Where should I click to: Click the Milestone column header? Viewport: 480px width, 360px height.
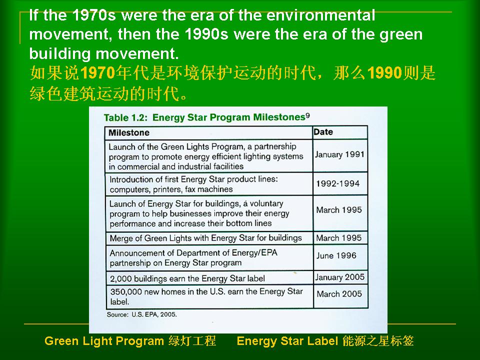click(129, 132)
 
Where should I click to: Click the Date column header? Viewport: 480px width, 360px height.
click(323, 132)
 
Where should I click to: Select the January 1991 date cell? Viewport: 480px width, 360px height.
click(339, 154)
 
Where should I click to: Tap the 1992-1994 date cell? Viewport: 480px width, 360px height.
click(337, 183)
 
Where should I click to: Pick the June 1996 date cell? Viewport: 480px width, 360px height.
click(336, 255)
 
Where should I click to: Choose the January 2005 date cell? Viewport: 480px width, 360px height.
click(340, 277)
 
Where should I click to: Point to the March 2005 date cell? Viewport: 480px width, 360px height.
click(339, 294)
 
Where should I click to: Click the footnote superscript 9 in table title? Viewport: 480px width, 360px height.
click(307, 115)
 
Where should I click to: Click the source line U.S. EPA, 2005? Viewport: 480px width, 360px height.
click(141, 314)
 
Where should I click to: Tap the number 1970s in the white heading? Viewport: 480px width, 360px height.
click(94, 15)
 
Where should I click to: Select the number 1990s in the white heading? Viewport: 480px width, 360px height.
click(206, 34)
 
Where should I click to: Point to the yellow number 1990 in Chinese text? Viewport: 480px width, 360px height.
click(384, 73)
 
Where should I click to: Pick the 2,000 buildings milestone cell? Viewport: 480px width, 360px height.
click(187, 278)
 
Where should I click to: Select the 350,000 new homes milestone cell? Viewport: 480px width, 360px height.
click(206, 296)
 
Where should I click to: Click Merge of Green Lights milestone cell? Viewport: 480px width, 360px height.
click(205, 238)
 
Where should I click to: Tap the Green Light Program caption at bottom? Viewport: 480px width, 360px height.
click(130, 341)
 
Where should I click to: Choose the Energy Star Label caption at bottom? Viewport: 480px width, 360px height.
click(325, 341)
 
